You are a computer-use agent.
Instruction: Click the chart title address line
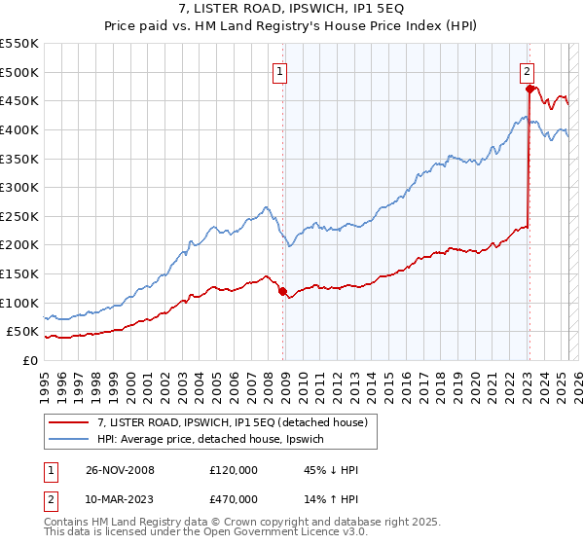coord(292,10)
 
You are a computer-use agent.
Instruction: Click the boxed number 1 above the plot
coord(280,71)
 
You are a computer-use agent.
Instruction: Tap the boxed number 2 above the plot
coord(527,71)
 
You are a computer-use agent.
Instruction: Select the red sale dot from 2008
coord(283,291)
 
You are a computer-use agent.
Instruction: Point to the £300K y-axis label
coord(19,187)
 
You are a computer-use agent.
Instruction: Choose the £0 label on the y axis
coord(29,360)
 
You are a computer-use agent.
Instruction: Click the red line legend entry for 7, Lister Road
coord(232,422)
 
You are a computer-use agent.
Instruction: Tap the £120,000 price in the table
coord(234,470)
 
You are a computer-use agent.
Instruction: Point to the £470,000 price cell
coord(234,499)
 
